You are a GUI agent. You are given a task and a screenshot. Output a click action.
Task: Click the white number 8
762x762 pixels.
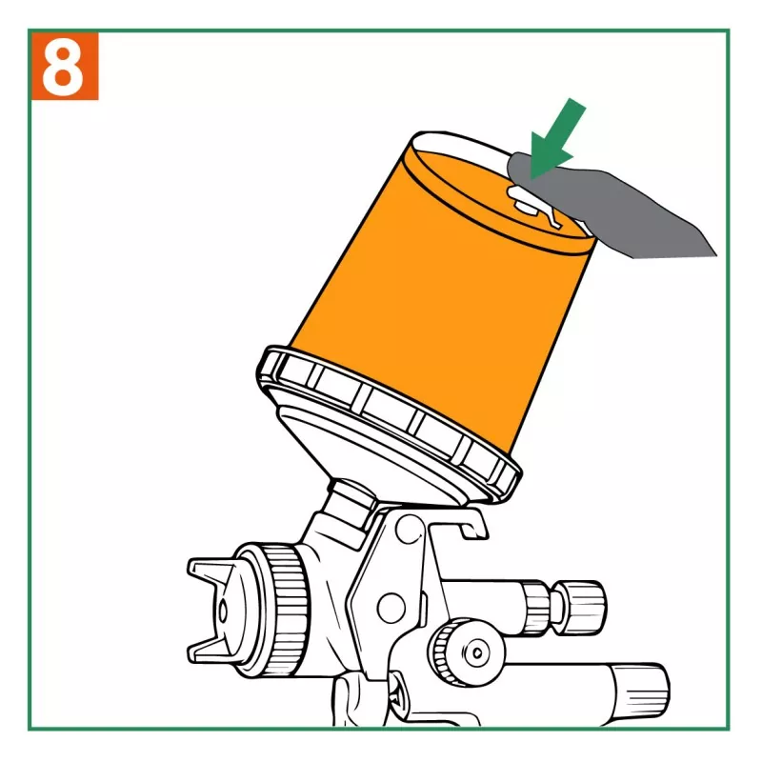click(x=63, y=67)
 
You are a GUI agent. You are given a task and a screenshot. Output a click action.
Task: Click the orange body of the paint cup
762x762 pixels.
click(x=437, y=301)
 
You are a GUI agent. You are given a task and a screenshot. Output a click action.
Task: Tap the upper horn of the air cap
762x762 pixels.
click(x=208, y=573)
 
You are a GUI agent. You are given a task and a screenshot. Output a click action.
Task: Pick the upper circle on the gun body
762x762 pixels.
click(x=409, y=530)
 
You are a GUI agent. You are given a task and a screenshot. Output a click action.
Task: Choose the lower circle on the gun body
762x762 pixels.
click(x=391, y=609)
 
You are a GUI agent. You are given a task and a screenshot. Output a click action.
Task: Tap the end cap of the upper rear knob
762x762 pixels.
click(x=581, y=608)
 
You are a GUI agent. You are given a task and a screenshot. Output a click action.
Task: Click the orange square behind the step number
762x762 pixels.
click(x=65, y=66)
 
